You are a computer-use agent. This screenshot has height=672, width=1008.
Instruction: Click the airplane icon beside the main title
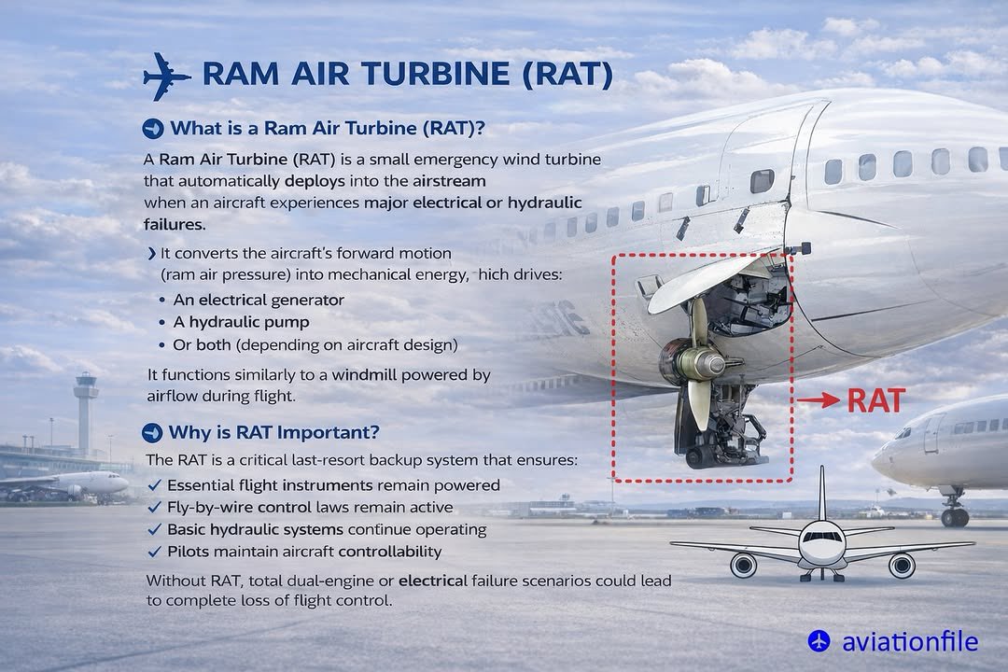pyautogui.click(x=166, y=76)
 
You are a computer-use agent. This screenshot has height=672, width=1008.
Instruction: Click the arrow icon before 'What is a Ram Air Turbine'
pyautogui.click(x=152, y=128)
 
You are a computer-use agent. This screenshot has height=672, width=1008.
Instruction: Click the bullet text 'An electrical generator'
pyautogui.click(x=259, y=300)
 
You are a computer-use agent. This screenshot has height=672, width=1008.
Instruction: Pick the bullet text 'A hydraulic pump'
pyautogui.click(x=241, y=322)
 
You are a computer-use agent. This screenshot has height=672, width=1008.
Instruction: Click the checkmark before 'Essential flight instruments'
pyautogui.click(x=155, y=485)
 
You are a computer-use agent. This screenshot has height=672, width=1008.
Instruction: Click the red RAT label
pyautogui.click(x=875, y=400)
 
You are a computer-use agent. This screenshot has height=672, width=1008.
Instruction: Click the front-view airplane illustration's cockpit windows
pyautogui.click(x=822, y=537)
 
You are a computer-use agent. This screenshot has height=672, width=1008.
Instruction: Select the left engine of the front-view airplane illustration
pyautogui.click(x=743, y=565)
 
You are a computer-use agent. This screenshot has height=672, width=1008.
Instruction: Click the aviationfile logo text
pyautogui.click(x=909, y=642)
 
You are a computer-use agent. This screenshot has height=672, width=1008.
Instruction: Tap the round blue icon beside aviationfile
pyautogui.click(x=819, y=641)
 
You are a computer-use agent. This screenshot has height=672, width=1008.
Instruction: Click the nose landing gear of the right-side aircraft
pyautogui.click(x=954, y=512)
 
